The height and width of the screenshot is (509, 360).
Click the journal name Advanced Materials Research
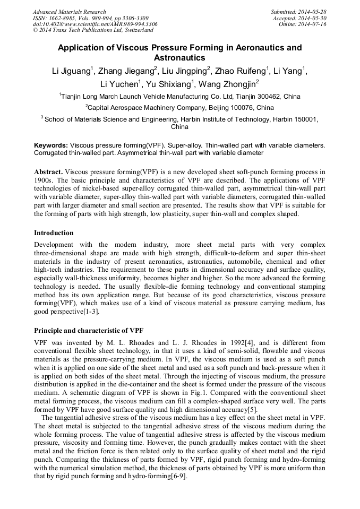(69, 12)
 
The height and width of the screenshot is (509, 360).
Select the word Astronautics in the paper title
(179, 57)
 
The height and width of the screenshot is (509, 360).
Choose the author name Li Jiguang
(67, 71)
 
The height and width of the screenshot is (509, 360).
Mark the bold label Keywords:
(51, 145)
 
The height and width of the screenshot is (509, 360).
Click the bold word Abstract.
(49, 172)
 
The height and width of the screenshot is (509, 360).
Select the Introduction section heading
(54, 232)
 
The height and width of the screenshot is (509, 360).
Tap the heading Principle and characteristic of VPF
(89, 330)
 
